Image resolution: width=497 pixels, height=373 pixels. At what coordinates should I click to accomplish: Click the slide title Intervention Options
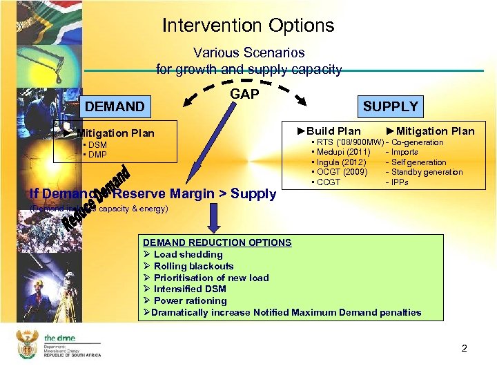click(x=248, y=26)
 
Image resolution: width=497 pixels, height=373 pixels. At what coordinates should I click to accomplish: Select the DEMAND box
click(x=115, y=106)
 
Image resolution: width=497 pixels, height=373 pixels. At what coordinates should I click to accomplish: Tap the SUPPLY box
click(x=391, y=106)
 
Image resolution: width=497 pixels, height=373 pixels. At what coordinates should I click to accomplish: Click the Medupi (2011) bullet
click(x=342, y=152)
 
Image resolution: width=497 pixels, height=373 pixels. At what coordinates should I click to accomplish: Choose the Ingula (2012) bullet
click(x=339, y=162)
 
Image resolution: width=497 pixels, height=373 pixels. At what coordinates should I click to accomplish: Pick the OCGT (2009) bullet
click(x=340, y=172)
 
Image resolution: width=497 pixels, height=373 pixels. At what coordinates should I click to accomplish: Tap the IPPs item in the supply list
click(x=400, y=182)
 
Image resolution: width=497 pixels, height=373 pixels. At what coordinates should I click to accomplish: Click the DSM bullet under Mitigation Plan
click(x=95, y=145)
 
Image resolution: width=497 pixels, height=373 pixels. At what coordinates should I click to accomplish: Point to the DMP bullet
click(x=95, y=154)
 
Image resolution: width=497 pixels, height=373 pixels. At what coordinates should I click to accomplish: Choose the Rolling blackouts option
click(x=188, y=266)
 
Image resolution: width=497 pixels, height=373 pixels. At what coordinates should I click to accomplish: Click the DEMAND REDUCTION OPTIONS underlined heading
click(x=217, y=242)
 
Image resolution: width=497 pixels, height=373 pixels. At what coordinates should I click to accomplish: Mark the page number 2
click(x=465, y=348)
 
